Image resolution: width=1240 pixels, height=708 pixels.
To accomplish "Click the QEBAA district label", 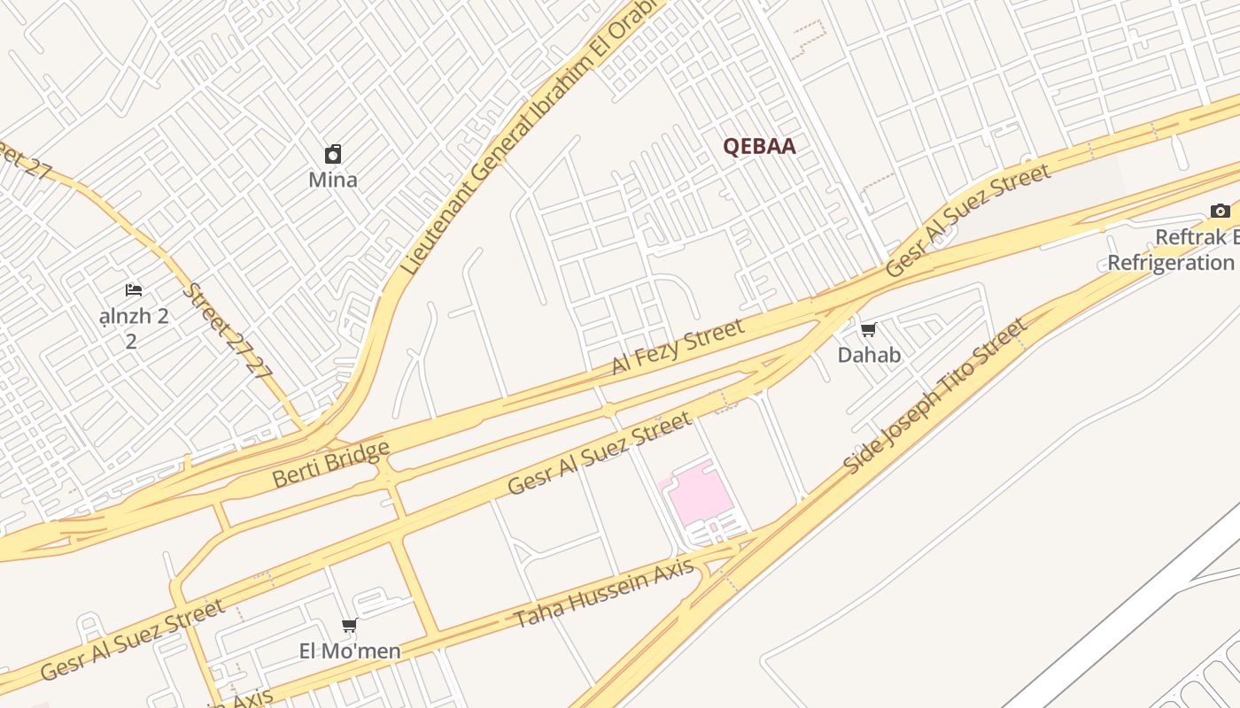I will click(x=759, y=147).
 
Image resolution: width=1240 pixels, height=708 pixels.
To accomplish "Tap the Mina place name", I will click(x=333, y=180).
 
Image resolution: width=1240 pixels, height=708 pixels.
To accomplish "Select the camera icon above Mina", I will click(x=333, y=155).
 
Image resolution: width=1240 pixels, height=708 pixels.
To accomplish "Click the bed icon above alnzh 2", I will click(x=133, y=290).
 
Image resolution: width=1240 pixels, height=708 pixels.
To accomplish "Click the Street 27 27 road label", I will click(x=227, y=330).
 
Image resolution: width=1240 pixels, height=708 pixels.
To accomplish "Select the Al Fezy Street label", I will click(x=678, y=346).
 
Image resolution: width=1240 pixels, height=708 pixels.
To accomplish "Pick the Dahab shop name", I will click(x=869, y=355).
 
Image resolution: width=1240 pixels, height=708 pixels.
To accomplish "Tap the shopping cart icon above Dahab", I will click(x=868, y=330).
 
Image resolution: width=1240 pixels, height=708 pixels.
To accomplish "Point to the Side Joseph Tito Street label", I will click(x=935, y=396).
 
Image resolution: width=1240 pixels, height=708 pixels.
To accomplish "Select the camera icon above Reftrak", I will click(x=1220, y=211).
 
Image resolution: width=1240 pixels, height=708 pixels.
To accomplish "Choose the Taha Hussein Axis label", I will click(x=604, y=594).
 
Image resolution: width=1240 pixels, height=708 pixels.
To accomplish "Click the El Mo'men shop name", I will click(x=350, y=651).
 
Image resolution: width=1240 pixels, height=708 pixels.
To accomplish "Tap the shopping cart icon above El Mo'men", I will click(x=350, y=627).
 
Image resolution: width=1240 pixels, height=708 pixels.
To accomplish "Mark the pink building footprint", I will click(x=699, y=491).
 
